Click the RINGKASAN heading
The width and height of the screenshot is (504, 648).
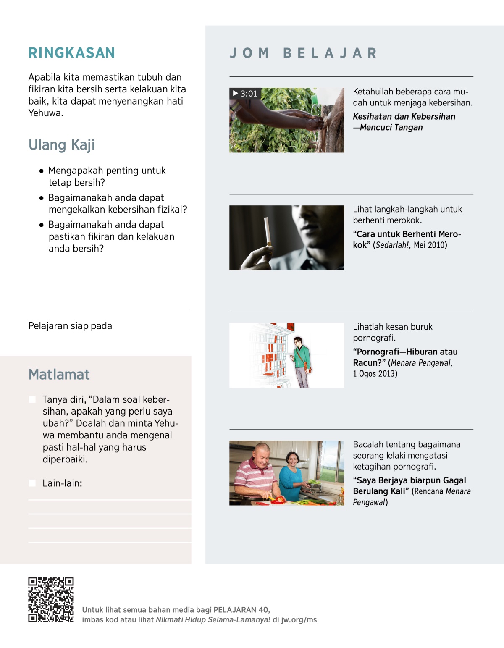tap(71, 53)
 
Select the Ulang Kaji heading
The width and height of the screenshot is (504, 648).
tap(62, 145)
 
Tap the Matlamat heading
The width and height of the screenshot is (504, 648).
tap(59, 374)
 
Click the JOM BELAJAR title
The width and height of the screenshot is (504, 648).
tap(303, 53)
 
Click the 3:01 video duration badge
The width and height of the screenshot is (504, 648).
tap(245, 94)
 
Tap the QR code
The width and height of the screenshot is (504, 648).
tap(51, 600)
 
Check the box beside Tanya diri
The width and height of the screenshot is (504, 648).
tap(32, 399)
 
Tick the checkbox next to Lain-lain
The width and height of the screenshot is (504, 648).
tap(32, 483)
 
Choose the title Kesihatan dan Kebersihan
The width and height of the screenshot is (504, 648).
tap(404, 117)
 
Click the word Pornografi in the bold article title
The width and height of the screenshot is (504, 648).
tap(378, 352)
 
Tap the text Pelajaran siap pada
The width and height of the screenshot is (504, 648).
tap(70, 326)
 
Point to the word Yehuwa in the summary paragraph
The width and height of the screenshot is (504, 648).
tap(45, 113)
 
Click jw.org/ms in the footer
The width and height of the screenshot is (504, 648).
tap(299, 620)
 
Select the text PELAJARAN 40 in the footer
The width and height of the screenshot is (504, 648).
tap(241, 610)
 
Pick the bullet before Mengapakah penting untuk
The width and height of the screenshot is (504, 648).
tap(41, 171)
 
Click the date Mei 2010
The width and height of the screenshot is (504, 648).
tap(430, 245)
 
